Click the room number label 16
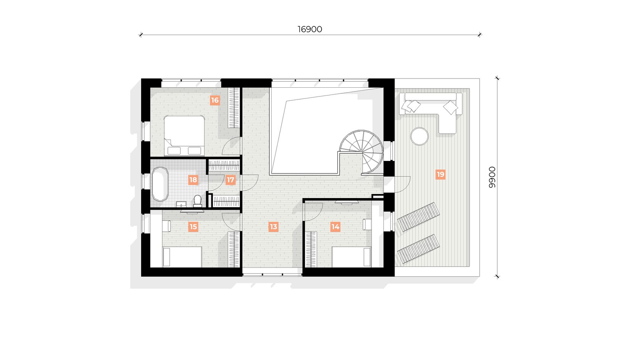[x=214, y=100]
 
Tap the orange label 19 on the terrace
[x=440, y=174]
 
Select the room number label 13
[x=274, y=227]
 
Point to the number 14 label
[x=335, y=227]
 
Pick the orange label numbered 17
[x=230, y=180]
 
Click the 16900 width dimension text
[x=310, y=29]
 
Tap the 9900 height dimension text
[x=492, y=177]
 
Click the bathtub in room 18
[x=160, y=184]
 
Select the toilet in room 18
[x=198, y=201]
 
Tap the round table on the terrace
[x=419, y=137]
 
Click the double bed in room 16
[x=184, y=135]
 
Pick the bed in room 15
[x=182, y=257]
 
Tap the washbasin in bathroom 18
[x=181, y=204]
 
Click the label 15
[x=193, y=227]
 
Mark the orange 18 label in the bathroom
[x=193, y=180]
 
